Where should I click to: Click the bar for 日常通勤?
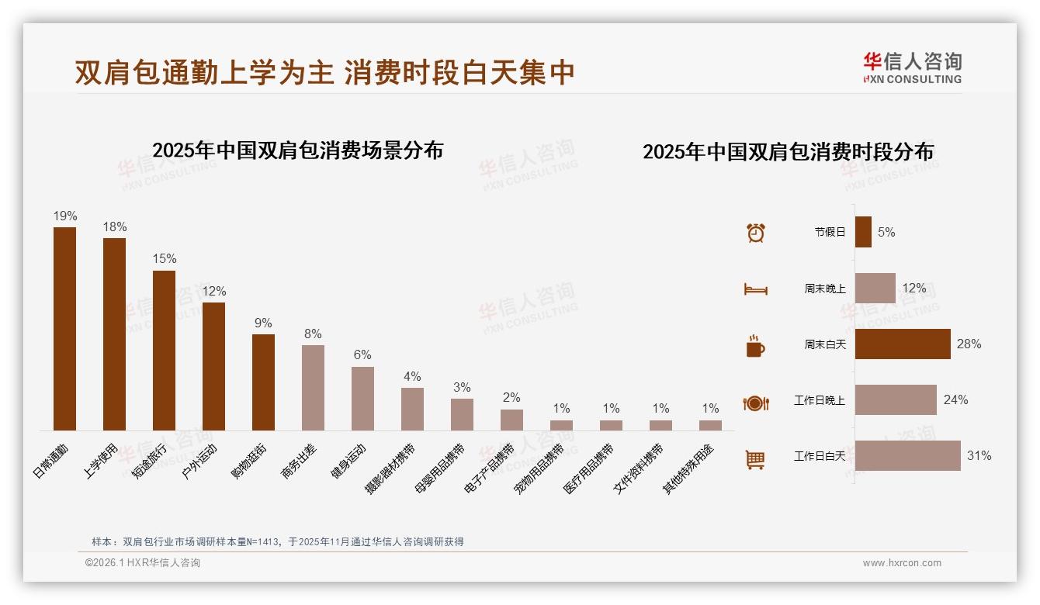point(64,329)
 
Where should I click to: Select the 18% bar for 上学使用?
point(114,334)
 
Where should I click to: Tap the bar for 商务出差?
point(313,388)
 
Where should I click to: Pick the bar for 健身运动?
point(362,399)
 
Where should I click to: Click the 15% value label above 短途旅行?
point(164,259)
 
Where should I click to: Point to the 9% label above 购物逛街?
point(263,323)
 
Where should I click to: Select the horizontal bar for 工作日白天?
point(907,456)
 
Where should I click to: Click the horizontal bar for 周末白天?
point(903,344)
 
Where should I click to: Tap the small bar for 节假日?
point(863,232)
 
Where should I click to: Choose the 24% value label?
point(955,400)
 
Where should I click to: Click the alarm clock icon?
point(755,233)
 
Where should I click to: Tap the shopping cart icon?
point(755,459)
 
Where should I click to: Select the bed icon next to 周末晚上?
point(755,289)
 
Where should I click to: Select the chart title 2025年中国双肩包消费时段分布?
point(788,151)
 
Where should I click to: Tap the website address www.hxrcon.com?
point(902,563)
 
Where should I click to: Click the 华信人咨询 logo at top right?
point(912,67)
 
